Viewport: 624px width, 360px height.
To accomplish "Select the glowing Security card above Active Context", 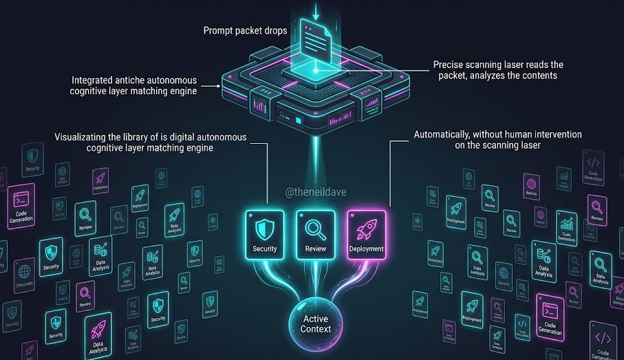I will (265, 235).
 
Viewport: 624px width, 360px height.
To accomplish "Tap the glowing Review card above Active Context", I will (315, 235).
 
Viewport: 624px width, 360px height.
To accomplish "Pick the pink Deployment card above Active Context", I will (366, 235).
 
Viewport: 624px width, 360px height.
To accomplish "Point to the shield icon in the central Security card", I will (265, 228).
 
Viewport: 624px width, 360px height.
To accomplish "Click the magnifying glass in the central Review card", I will (315, 228).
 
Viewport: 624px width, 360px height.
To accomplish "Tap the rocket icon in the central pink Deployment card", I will (366, 228).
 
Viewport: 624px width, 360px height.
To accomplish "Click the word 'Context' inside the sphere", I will (317, 329).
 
